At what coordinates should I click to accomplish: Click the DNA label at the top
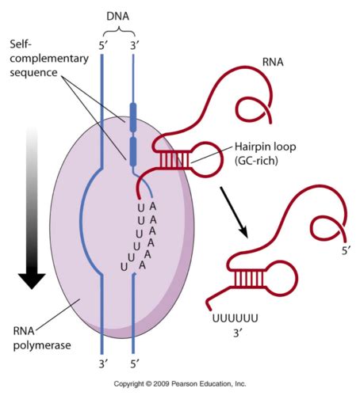coord(117,14)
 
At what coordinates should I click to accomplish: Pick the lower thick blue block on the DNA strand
coord(132,148)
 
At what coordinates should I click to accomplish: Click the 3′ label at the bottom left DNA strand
coord(102,365)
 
